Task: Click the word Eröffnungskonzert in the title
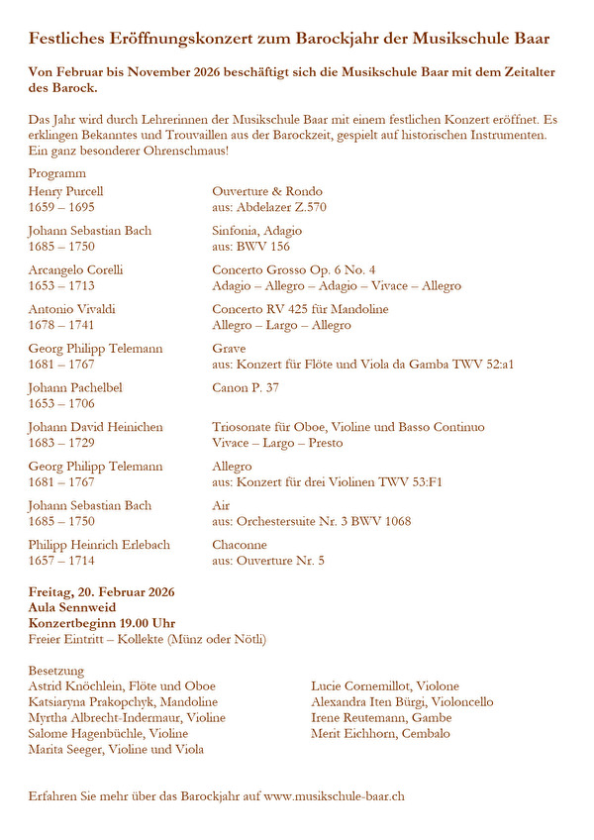point(166,39)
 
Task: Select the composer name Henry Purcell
point(65,191)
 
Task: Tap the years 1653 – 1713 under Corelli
point(61,286)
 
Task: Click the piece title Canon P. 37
point(246,387)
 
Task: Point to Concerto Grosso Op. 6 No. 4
point(294,269)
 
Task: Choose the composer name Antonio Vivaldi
point(72,309)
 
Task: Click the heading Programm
point(57,172)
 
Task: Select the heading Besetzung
point(56,670)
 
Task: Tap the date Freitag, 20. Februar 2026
point(101,591)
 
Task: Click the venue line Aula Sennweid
point(72,607)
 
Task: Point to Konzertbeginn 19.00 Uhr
point(102,623)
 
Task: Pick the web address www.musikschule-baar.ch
point(334,795)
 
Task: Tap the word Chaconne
point(240,545)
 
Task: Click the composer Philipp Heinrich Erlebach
point(99,545)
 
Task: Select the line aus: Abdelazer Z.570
point(269,207)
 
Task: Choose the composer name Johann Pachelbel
point(75,387)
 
